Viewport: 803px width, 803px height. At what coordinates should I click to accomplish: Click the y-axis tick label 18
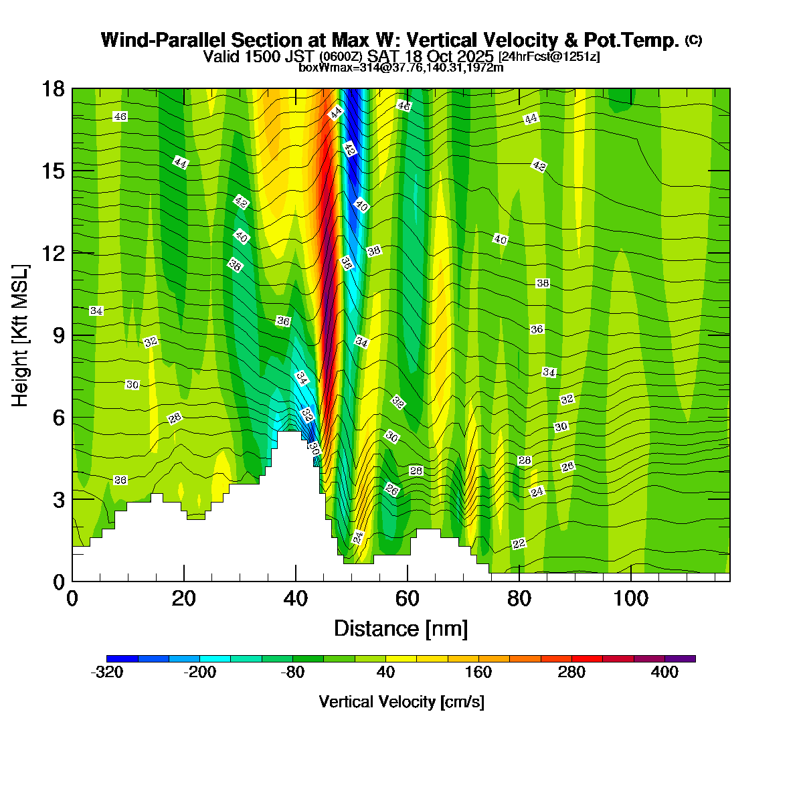pyautogui.click(x=54, y=89)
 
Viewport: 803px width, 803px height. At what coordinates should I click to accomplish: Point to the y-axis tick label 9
pyautogui.click(x=59, y=335)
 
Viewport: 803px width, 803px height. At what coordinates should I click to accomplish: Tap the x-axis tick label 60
pyautogui.click(x=408, y=598)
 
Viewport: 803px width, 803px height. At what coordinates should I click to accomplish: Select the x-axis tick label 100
pyautogui.click(x=631, y=598)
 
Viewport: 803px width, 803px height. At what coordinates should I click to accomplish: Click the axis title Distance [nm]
pyautogui.click(x=401, y=629)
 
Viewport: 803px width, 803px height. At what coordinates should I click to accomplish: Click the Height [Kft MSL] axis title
pyautogui.click(x=21, y=335)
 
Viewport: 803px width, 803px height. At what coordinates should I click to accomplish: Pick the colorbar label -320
pyautogui.click(x=106, y=673)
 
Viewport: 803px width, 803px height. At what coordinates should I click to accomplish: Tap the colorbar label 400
pyautogui.click(x=664, y=673)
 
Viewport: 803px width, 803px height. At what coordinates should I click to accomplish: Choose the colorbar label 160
pyautogui.click(x=478, y=673)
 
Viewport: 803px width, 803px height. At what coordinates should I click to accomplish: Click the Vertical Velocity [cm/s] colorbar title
pyautogui.click(x=401, y=702)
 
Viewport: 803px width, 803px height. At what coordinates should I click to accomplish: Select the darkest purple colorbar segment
pyautogui.click(x=680, y=658)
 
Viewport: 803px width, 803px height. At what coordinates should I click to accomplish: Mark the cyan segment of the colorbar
pyautogui.click(x=215, y=658)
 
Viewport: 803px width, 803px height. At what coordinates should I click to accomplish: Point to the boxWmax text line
pyautogui.click(x=401, y=67)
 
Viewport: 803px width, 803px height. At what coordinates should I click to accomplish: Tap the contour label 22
pyautogui.click(x=519, y=544)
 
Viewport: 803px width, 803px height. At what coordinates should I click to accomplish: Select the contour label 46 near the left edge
pyautogui.click(x=120, y=116)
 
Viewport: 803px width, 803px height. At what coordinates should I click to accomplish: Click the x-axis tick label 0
pyautogui.click(x=72, y=598)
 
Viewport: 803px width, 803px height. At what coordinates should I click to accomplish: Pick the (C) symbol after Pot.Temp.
pyautogui.click(x=693, y=40)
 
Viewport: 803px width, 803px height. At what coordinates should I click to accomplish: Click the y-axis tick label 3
pyautogui.click(x=59, y=500)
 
